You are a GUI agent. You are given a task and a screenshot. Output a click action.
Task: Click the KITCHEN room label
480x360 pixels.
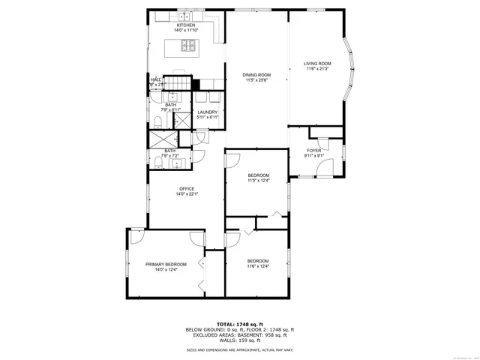(185, 25)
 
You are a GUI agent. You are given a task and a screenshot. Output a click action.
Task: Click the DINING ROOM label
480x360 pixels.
(256, 74)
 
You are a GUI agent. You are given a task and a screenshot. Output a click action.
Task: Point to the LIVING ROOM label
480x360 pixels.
(317, 63)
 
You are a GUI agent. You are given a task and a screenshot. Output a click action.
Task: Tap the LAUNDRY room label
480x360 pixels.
(207, 112)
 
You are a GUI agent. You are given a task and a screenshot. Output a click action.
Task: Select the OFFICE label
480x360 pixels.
(186, 188)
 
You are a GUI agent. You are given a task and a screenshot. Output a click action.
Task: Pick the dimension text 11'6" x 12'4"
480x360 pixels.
(257, 266)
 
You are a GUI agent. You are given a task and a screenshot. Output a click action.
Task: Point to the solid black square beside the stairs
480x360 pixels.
(196, 84)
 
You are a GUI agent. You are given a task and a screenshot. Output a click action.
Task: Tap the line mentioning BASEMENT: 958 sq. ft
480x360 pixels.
(239, 334)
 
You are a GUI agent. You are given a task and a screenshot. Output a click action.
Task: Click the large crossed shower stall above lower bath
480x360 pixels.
(160, 139)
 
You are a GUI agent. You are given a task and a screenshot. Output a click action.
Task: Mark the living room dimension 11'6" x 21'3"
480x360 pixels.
(317, 68)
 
